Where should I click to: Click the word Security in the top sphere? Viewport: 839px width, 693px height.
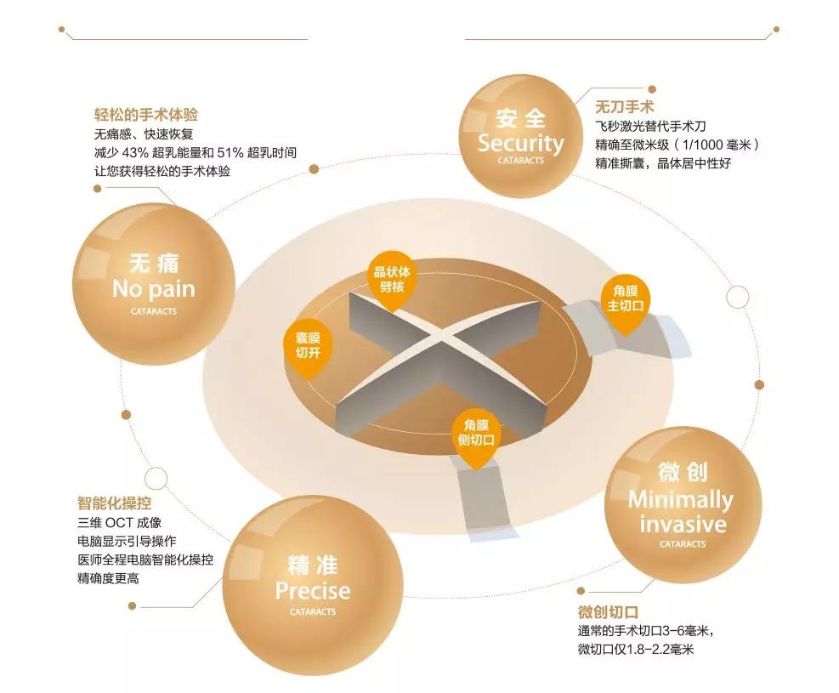click(x=520, y=143)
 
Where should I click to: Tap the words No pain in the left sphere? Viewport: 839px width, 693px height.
click(x=154, y=289)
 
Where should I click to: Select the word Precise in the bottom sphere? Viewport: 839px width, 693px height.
click(x=313, y=590)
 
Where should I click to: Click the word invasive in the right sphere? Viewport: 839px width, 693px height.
click(x=683, y=524)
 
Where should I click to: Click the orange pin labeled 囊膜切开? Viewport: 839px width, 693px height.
click(x=309, y=347)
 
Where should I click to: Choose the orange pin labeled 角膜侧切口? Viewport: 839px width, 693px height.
click(x=476, y=435)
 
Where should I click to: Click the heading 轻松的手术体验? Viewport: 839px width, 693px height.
click(x=146, y=115)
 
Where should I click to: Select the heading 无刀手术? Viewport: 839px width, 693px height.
click(x=625, y=106)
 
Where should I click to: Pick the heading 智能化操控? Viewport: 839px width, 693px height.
click(x=115, y=503)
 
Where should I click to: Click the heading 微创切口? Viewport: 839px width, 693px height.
click(x=608, y=611)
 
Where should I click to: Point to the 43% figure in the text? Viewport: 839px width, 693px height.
click(x=134, y=153)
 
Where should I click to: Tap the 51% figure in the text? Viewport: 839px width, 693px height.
click(x=230, y=153)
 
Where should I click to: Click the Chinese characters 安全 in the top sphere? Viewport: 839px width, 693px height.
click(x=520, y=118)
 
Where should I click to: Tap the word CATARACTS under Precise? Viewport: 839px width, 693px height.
click(x=313, y=611)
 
